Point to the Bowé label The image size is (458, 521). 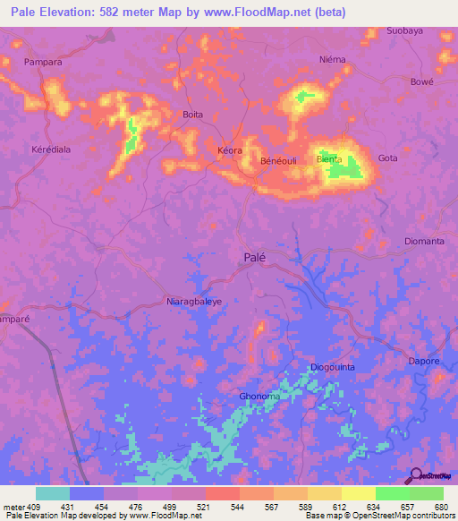[x=421, y=81]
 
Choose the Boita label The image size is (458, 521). [x=192, y=115]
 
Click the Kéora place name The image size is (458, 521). [x=230, y=150]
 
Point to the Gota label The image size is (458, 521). [x=387, y=158]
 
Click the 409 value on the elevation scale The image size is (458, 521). [x=34, y=506]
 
